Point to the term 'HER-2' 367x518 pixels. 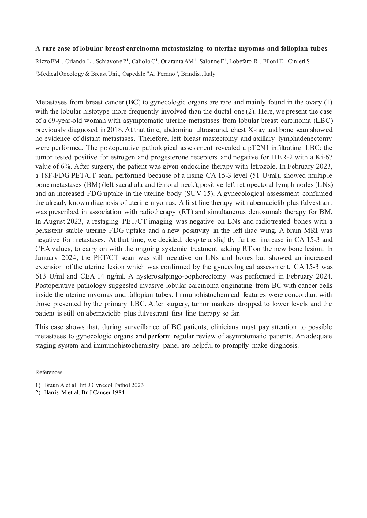tap(281, 157)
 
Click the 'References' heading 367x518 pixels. tap(49, 372)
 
